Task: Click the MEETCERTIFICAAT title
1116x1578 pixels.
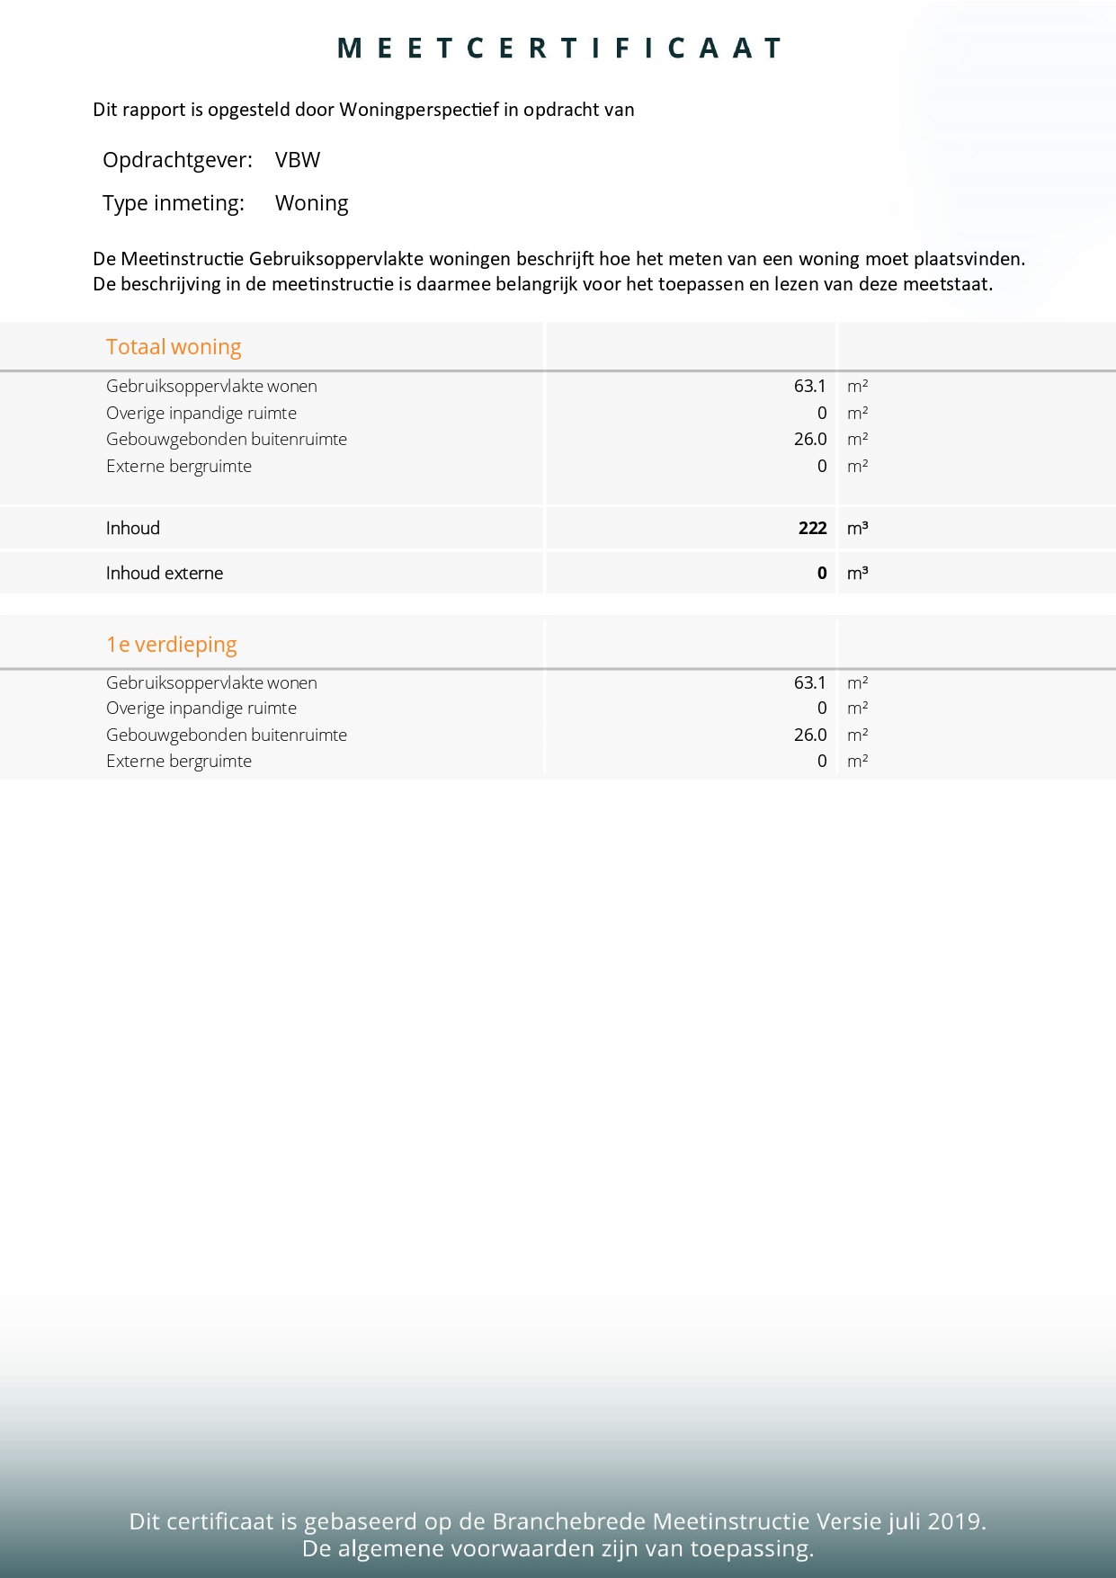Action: [558, 49]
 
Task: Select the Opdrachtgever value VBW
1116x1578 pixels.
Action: [298, 160]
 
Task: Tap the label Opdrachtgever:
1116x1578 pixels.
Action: [177, 160]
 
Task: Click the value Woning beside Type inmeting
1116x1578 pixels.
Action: [311, 203]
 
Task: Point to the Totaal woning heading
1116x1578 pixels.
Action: [174, 347]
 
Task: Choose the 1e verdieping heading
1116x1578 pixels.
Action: [172, 645]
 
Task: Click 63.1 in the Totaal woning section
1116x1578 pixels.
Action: [809, 386]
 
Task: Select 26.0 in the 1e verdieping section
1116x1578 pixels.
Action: [809, 735]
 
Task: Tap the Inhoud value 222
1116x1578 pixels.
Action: [812, 528]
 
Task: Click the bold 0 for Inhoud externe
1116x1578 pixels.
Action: [822, 573]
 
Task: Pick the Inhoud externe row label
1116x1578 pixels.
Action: [165, 573]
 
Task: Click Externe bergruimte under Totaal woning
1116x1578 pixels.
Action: [179, 466]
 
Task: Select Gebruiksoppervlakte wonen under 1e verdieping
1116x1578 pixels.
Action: [211, 682]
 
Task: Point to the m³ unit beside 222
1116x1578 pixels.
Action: [857, 528]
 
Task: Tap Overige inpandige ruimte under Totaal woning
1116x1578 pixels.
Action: [201, 413]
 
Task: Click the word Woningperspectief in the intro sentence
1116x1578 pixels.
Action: [418, 110]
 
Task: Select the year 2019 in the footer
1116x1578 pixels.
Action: [955, 1521]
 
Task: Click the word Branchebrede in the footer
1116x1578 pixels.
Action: [569, 1521]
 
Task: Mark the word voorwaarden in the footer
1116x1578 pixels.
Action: [528, 1548]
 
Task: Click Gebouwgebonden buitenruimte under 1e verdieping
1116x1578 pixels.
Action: [227, 735]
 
